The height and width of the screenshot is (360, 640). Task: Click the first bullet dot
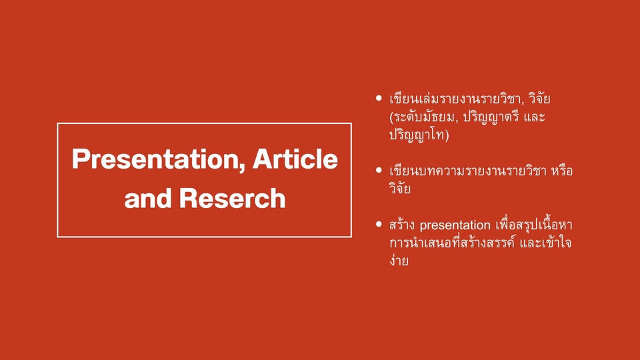pyautogui.click(x=379, y=98)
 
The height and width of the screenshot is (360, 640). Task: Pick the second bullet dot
pyautogui.click(x=379, y=170)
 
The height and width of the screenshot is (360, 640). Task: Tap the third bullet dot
pyautogui.click(x=379, y=223)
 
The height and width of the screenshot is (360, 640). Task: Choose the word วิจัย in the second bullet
pyautogui.click(x=400, y=189)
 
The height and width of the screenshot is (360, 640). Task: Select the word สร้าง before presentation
pyautogui.click(x=401, y=225)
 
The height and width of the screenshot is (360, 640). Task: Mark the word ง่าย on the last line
pyautogui.click(x=399, y=261)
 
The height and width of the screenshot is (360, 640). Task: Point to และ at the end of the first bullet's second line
pyautogui.click(x=553, y=117)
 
